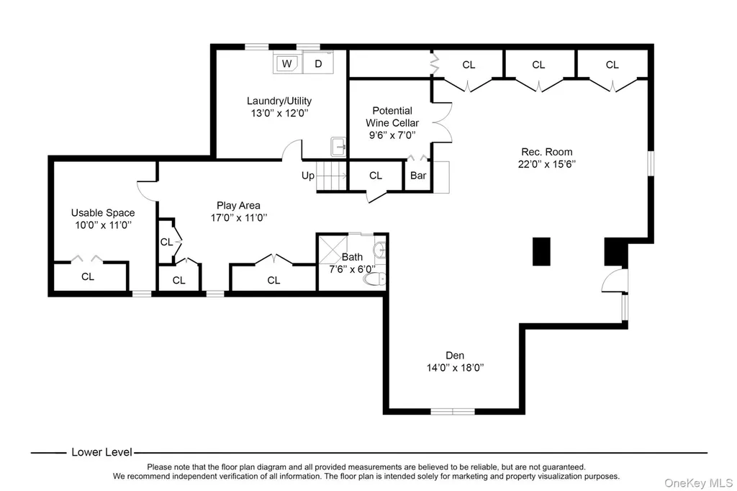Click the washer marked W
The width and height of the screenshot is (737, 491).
pyautogui.click(x=286, y=63)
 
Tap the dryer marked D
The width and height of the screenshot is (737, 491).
pyautogui.click(x=318, y=63)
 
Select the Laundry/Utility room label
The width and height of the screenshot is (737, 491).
pyautogui.click(x=279, y=101)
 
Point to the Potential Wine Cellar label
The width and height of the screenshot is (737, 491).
pyautogui.click(x=392, y=117)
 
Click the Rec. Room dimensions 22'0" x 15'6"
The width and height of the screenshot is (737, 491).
pyautogui.click(x=547, y=164)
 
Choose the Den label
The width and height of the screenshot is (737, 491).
pyautogui.click(x=455, y=356)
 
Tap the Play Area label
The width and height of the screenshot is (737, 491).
pyautogui.click(x=238, y=205)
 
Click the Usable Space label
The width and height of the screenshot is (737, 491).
pyautogui.click(x=103, y=212)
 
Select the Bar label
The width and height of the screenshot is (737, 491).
pyautogui.click(x=418, y=176)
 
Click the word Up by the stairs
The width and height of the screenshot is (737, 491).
pyautogui.click(x=308, y=176)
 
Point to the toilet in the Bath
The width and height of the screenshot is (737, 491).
pyautogui.click(x=374, y=279)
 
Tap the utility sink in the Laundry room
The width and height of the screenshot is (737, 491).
pyautogui.click(x=338, y=147)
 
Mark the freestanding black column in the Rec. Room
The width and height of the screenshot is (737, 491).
pyautogui.click(x=541, y=251)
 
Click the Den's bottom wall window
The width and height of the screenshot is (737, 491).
pyautogui.click(x=453, y=412)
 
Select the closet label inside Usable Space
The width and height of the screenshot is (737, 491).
pyautogui.click(x=88, y=276)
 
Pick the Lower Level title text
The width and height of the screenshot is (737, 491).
pyautogui.click(x=101, y=452)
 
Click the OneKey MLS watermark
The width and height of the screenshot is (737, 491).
pyautogui.click(x=698, y=483)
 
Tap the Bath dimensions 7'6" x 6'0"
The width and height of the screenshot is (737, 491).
pyautogui.click(x=352, y=269)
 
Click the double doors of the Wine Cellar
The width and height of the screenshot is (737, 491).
pyautogui.click(x=442, y=122)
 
